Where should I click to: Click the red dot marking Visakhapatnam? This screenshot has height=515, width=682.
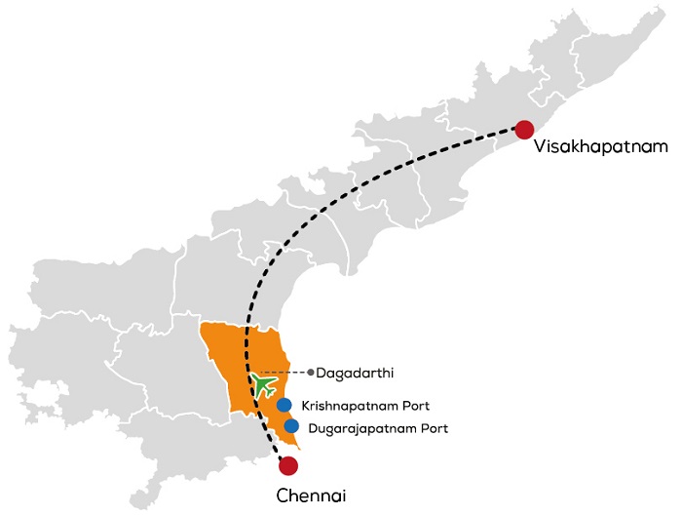(525, 130)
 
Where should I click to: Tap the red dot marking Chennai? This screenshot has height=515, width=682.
(287, 465)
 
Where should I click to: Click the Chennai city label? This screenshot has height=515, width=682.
(310, 495)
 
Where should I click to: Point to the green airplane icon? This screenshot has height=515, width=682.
(262, 381)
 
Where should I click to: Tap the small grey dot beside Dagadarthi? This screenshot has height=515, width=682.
(310, 372)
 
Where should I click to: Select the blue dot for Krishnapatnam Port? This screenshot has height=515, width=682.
(284, 405)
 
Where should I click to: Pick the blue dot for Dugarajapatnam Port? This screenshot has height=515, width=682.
(291, 426)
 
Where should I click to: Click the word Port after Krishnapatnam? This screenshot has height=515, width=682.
(417, 405)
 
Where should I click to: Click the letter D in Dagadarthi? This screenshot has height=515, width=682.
(322, 372)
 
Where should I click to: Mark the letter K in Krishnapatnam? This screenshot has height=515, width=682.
(306, 405)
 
